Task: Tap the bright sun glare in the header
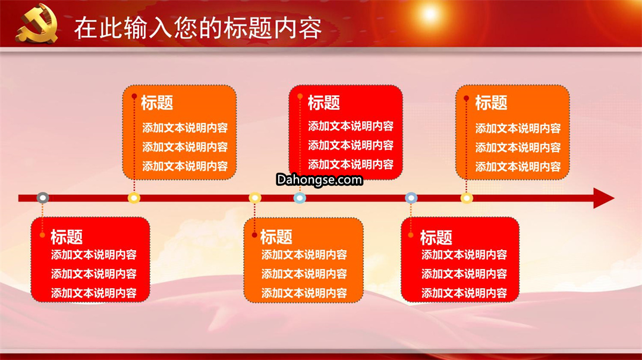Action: click(x=430, y=14)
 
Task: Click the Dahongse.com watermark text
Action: click(x=319, y=179)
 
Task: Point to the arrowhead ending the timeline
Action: click(x=603, y=198)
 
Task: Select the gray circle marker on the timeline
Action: click(x=43, y=198)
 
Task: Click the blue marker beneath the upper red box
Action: click(x=300, y=198)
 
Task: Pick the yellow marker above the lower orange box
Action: click(x=254, y=198)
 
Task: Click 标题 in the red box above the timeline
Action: click(x=323, y=103)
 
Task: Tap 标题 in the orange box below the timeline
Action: click(x=276, y=237)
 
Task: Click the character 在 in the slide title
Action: click(x=86, y=28)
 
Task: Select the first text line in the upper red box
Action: click(x=351, y=126)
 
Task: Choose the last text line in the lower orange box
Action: click(x=304, y=293)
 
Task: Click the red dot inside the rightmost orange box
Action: click(x=466, y=98)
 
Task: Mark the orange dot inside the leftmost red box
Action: click(x=42, y=235)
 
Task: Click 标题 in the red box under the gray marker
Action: click(x=67, y=237)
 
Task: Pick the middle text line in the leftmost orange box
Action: click(x=185, y=147)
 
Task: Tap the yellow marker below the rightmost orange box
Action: click(x=467, y=198)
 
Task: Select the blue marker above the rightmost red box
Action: click(x=411, y=198)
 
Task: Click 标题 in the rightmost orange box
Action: click(x=491, y=103)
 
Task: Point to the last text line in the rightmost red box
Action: click(x=464, y=293)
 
